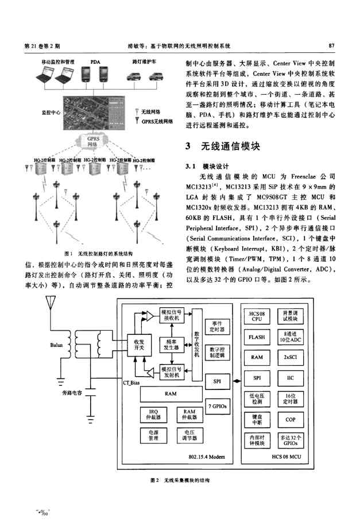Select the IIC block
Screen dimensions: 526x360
[290, 378]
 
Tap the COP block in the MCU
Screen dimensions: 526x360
[290, 420]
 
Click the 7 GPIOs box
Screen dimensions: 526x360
[218, 406]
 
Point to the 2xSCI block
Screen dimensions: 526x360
[290, 357]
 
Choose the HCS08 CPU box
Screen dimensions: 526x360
[256, 316]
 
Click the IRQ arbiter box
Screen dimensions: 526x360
[153, 414]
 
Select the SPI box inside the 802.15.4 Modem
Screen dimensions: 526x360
[218, 380]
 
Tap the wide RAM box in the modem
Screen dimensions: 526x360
[170, 394]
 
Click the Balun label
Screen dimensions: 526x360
[63, 346]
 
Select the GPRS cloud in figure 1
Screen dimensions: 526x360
[93, 141]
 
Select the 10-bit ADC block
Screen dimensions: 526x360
[290, 337]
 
